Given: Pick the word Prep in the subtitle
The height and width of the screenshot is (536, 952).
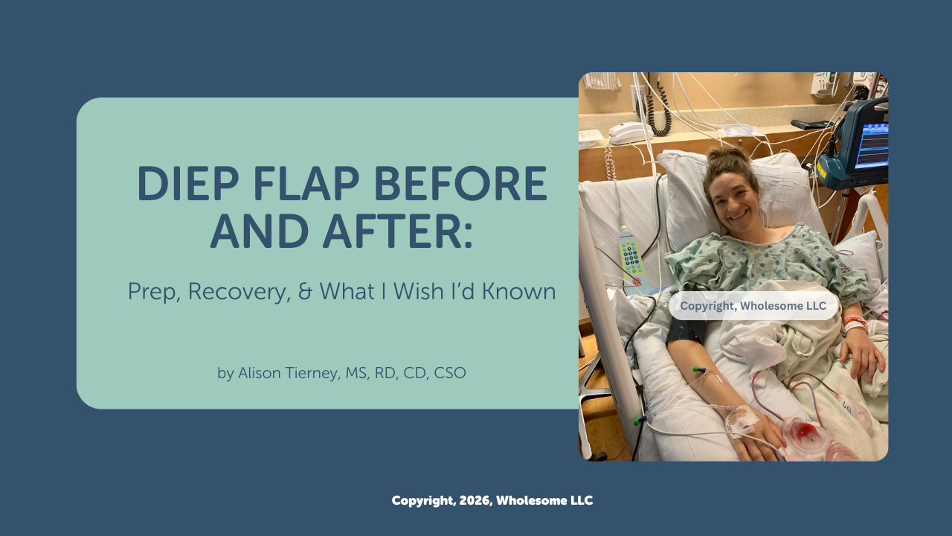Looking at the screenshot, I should [x=153, y=291].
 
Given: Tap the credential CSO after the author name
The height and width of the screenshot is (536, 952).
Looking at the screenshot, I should [x=448, y=373].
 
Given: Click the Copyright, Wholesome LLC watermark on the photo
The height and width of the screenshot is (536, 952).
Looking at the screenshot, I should [x=753, y=306].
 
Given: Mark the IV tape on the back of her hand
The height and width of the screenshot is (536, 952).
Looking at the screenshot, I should [x=744, y=419].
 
